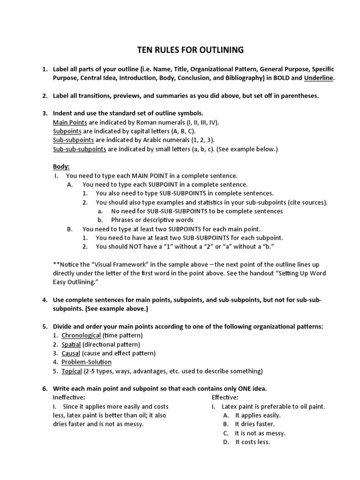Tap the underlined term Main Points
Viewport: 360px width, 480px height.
[x=68, y=122]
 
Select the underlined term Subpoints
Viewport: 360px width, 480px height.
[x=67, y=131]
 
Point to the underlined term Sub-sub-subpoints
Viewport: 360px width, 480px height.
[x=80, y=149]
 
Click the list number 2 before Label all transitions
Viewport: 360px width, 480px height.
[x=45, y=96]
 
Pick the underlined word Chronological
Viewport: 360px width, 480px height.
[x=81, y=335]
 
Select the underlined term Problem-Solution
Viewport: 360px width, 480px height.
[x=86, y=362]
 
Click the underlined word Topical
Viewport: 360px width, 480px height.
[x=72, y=371]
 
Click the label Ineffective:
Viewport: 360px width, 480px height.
[x=69, y=397]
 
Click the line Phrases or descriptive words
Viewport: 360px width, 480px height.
[x=152, y=220]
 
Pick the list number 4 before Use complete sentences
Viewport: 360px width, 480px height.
[x=45, y=299]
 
